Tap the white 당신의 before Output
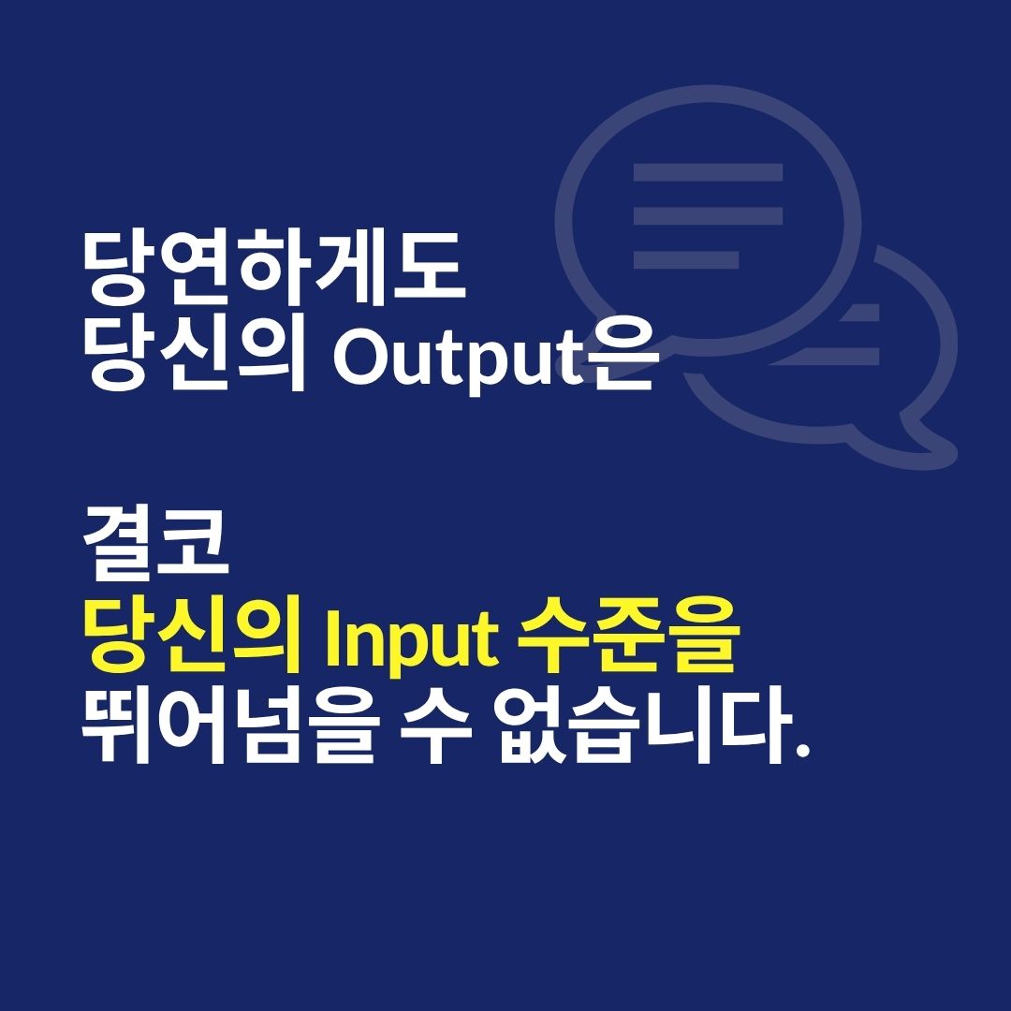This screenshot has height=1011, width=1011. tap(197, 359)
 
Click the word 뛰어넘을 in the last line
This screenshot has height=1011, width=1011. tap(228, 727)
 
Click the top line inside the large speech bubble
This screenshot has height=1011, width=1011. tap(708, 172)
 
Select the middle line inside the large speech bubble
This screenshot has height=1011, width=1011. tap(708, 215)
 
